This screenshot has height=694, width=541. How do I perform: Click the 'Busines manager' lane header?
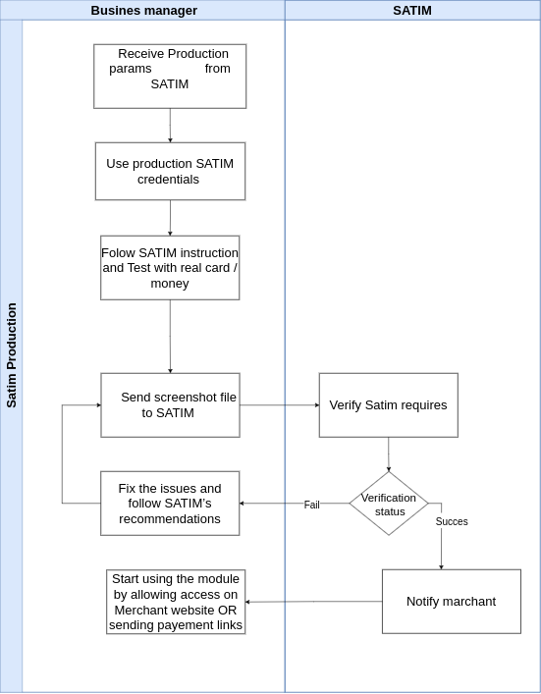pos(143,11)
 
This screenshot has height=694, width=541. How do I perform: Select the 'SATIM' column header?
pos(411,11)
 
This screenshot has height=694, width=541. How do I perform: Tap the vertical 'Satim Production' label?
pos(12,355)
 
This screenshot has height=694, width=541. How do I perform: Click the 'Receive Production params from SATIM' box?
pos(170,76)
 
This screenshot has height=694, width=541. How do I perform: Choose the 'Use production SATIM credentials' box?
pos(170,171)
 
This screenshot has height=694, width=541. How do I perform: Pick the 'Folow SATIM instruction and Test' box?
pos(170,267)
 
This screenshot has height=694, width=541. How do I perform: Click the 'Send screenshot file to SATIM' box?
pos(170,404)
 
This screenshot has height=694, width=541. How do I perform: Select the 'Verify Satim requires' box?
pos(388,404)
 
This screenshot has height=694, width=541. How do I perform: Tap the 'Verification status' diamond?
pos(389,504)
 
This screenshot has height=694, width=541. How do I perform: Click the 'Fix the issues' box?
pos(170,503)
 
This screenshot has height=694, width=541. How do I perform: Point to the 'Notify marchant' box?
pos(451,601)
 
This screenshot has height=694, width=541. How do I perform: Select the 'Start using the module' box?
pos(176,602)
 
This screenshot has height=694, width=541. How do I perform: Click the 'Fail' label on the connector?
pos(311,505)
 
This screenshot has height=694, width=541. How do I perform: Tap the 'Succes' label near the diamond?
pos(452,521)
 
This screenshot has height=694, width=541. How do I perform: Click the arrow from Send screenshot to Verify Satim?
pos(279,404)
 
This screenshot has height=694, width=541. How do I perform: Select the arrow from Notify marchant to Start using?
pos(313,602)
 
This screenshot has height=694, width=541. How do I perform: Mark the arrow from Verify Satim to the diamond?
pos(389,454)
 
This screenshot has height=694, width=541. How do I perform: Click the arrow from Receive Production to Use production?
pos(170,125)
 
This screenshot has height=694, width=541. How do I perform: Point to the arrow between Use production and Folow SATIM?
pos(170,217)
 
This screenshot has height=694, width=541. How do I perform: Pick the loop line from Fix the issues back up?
pos(62,454)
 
